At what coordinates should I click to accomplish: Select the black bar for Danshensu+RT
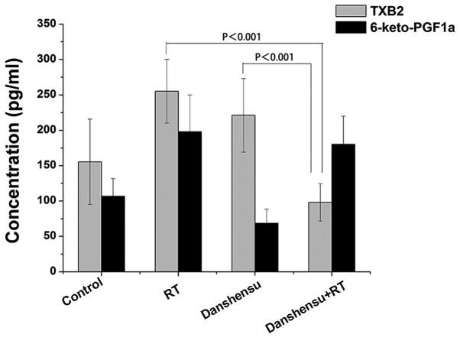click(x=343, y=207)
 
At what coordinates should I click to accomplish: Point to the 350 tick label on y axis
click(x=45, y=24)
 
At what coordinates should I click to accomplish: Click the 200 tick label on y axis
click(x=45, y=131)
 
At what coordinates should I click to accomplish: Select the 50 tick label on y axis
click(x=48, y=236)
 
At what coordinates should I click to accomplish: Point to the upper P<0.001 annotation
click(x=243, y=34)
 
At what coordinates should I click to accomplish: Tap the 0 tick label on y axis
click(x=51, y=271)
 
